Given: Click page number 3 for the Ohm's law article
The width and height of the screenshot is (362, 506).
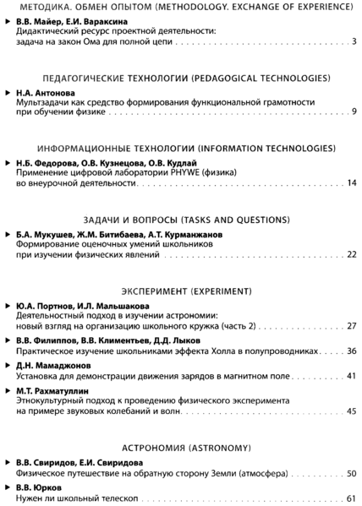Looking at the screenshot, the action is pos(355,41).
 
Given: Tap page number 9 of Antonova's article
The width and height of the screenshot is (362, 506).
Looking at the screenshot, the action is pos(355,112).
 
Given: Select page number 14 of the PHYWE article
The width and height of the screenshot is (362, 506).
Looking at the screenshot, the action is pos(353,182).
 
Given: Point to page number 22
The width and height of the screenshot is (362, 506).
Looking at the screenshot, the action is pos(353,253).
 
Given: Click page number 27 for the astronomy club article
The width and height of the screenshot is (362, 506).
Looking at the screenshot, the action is pos(353,324).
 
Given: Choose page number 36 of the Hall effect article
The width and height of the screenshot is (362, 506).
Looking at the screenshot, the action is pos(353,349).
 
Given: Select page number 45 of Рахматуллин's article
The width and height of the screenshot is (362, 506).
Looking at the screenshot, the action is pos(353,411).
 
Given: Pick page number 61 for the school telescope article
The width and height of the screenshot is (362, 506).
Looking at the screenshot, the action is pos(353,498).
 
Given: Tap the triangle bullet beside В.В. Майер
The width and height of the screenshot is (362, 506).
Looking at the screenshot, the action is pos(8,19).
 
